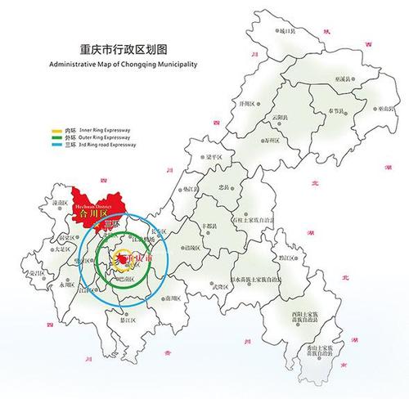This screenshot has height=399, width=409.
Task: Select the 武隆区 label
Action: pos(218,286)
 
